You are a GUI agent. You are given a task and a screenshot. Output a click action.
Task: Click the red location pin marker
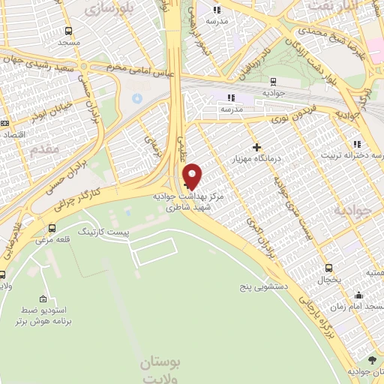[193, 175]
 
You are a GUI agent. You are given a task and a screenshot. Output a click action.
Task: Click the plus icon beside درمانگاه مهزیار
[256, 147]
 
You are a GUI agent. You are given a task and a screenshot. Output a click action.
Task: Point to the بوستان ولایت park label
[161, 370]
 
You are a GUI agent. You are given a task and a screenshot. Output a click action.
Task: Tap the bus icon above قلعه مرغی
[51, 228]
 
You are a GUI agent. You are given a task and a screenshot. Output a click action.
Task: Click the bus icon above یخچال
[328, 268]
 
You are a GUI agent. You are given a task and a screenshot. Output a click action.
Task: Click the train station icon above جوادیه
[271, 81]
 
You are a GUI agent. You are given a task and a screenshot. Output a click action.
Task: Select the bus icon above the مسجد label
[68, 31]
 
